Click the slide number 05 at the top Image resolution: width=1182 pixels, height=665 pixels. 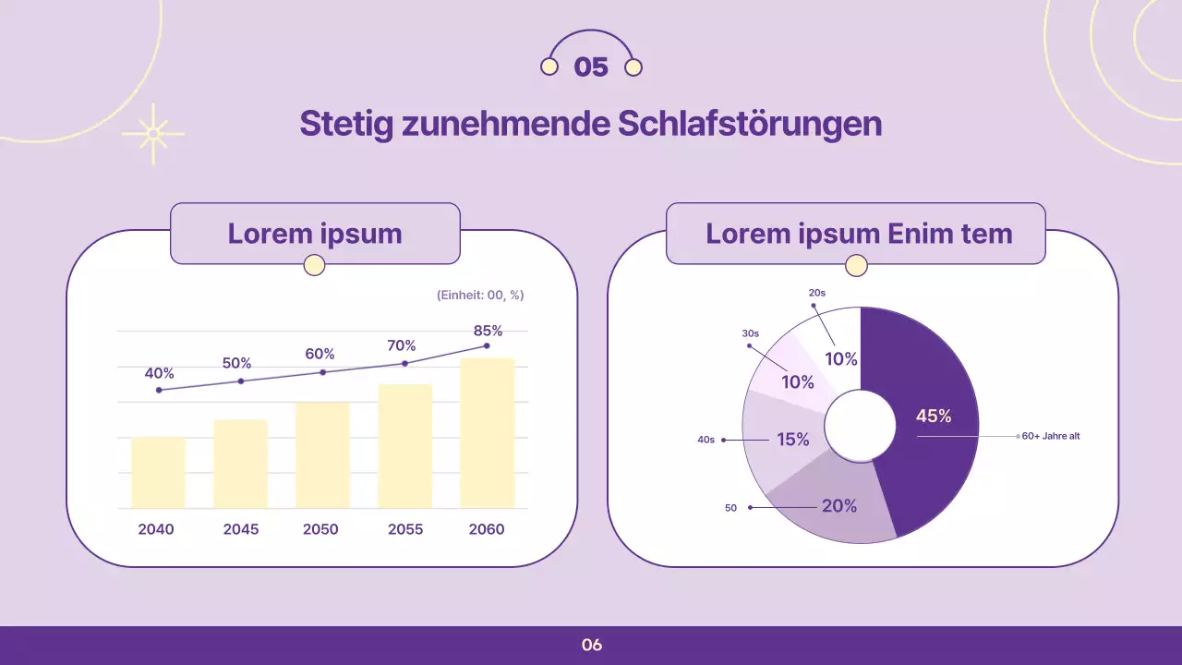[x=591, y=67]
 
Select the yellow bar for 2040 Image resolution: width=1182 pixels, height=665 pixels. [x=158, y=472]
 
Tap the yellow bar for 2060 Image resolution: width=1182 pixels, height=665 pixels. [x=487, y=433]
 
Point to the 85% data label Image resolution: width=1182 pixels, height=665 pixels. [x=488, y=331]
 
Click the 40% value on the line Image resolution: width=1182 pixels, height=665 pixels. [x=159, y=374]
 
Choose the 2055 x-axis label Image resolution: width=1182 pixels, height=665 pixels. [x=405, y=529]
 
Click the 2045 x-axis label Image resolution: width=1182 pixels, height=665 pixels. [x=241, y=529]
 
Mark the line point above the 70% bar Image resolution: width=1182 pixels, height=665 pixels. [x=404, y=363]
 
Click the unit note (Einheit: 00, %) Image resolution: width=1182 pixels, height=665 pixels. [x=479, y=296]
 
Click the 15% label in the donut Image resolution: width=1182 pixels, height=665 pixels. [x=792, y=440]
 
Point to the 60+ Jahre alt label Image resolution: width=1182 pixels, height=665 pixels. [x=1050, y=436]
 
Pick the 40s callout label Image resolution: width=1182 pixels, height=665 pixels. [x=706, y=441]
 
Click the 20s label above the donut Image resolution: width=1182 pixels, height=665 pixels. [x=816, y=293]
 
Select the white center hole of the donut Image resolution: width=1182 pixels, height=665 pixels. [x=860, y=426]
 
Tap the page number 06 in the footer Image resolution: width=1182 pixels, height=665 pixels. [x=592, y=646]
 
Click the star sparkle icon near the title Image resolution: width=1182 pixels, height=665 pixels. [x=153, y=134]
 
